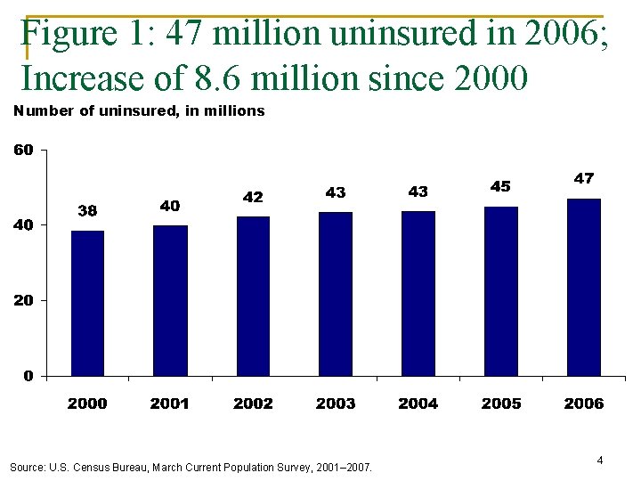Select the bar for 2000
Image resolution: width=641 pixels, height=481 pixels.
pyautogui.click(x=87, y=303)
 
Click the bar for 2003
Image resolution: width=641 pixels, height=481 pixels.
pyautogui.click(x=336, y=294)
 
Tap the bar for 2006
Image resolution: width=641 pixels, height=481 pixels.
pyautogui.click(x=584, y=287)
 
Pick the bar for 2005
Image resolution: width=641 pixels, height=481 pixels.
pyautogui.click(x=501, y=291)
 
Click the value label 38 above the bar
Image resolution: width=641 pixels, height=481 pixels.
pyautogui.click(x=87, y=211)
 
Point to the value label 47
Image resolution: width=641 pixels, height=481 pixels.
pyautogui.click(x=584, y=178)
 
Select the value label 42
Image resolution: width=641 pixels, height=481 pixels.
pyautogui.click(x=253, y=197)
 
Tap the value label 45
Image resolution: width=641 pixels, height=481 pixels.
pyautogui.click(x=501, y=186)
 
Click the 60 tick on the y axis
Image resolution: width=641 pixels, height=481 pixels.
pyautogui.click(x=23, y=150)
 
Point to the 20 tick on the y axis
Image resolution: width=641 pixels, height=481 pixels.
pyautogui.click(x=23, y=301)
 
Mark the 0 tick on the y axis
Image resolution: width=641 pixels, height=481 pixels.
pyautogui.click(x=29, y=376)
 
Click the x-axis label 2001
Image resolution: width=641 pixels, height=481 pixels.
pyautogui.click(x=170, y=404)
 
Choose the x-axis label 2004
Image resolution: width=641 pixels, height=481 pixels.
pyautogui.click(x=418, y=404)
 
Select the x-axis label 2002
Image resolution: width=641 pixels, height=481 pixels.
pyautogui.click(x=253, y=404)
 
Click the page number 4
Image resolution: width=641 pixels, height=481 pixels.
pyautogui.click(x=600, y=461)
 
